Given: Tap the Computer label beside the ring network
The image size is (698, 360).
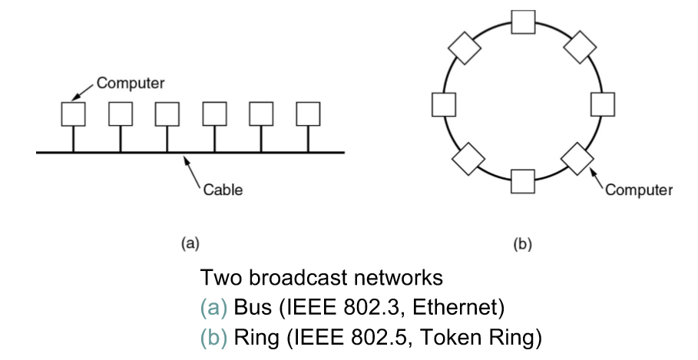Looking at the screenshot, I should click(x=639, y=190).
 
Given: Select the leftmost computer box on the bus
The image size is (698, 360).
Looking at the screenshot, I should click(x=73, y=114).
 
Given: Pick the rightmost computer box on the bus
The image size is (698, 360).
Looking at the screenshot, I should click(x=308, y=114).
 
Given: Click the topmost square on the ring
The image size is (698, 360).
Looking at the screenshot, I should click(x=523, y=22).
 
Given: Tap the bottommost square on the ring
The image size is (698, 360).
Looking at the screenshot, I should click(x=523, y=182).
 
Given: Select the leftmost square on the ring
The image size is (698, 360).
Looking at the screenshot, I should click(x=445, y=102).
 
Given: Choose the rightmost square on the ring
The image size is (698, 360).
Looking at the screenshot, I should click(x=602, y=102).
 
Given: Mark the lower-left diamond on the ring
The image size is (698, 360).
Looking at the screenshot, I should click(x=467, y=159).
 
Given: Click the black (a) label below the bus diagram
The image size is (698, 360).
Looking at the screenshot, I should click(x=190, y=244).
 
